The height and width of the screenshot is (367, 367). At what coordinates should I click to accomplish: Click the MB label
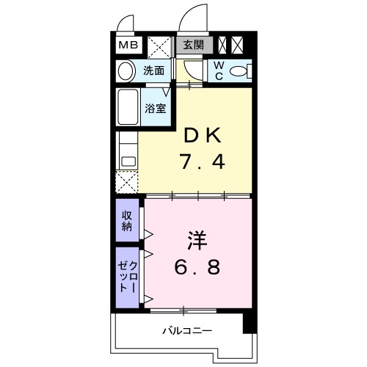pos(128,46)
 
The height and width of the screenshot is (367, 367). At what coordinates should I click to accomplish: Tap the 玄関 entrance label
pos(194,45)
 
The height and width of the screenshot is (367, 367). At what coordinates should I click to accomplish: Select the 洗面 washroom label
pos(153,72)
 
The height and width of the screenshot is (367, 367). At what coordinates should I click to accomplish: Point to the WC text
pos(219,71)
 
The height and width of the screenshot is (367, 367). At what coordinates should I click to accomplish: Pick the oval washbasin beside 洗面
pos(127,72)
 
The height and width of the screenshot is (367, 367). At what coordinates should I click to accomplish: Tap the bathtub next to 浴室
pos(128,107)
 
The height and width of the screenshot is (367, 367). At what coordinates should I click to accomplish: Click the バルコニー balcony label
pos(187,330)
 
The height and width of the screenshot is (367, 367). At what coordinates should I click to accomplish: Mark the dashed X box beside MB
pos(157,46)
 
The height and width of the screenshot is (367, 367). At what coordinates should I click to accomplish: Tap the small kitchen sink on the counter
pos(126,157)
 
